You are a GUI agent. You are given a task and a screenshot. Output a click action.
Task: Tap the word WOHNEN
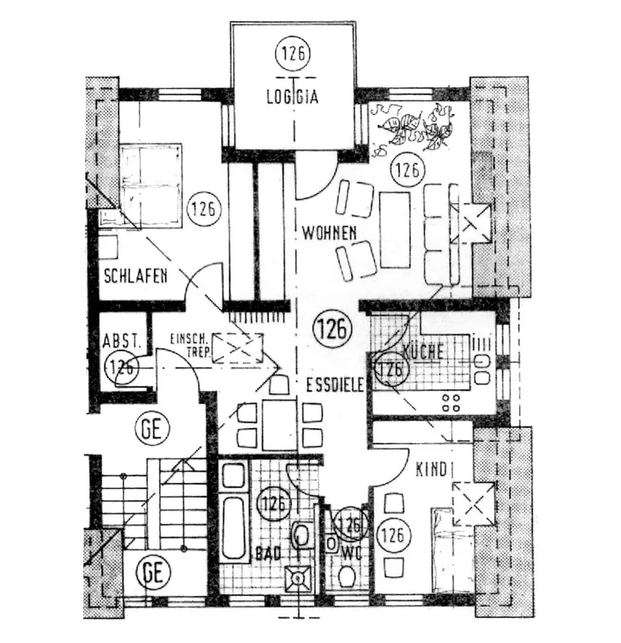click(330, 233)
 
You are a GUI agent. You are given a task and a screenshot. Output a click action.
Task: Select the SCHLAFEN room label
click(136, 276)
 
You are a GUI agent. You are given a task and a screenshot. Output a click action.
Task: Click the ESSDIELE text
click(335, 386)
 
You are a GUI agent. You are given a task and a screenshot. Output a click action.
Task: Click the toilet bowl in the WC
click(347, 577)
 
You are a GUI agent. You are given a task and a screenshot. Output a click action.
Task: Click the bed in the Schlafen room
click(151, 185)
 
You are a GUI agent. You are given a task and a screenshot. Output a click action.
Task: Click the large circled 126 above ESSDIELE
click(333, 329)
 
